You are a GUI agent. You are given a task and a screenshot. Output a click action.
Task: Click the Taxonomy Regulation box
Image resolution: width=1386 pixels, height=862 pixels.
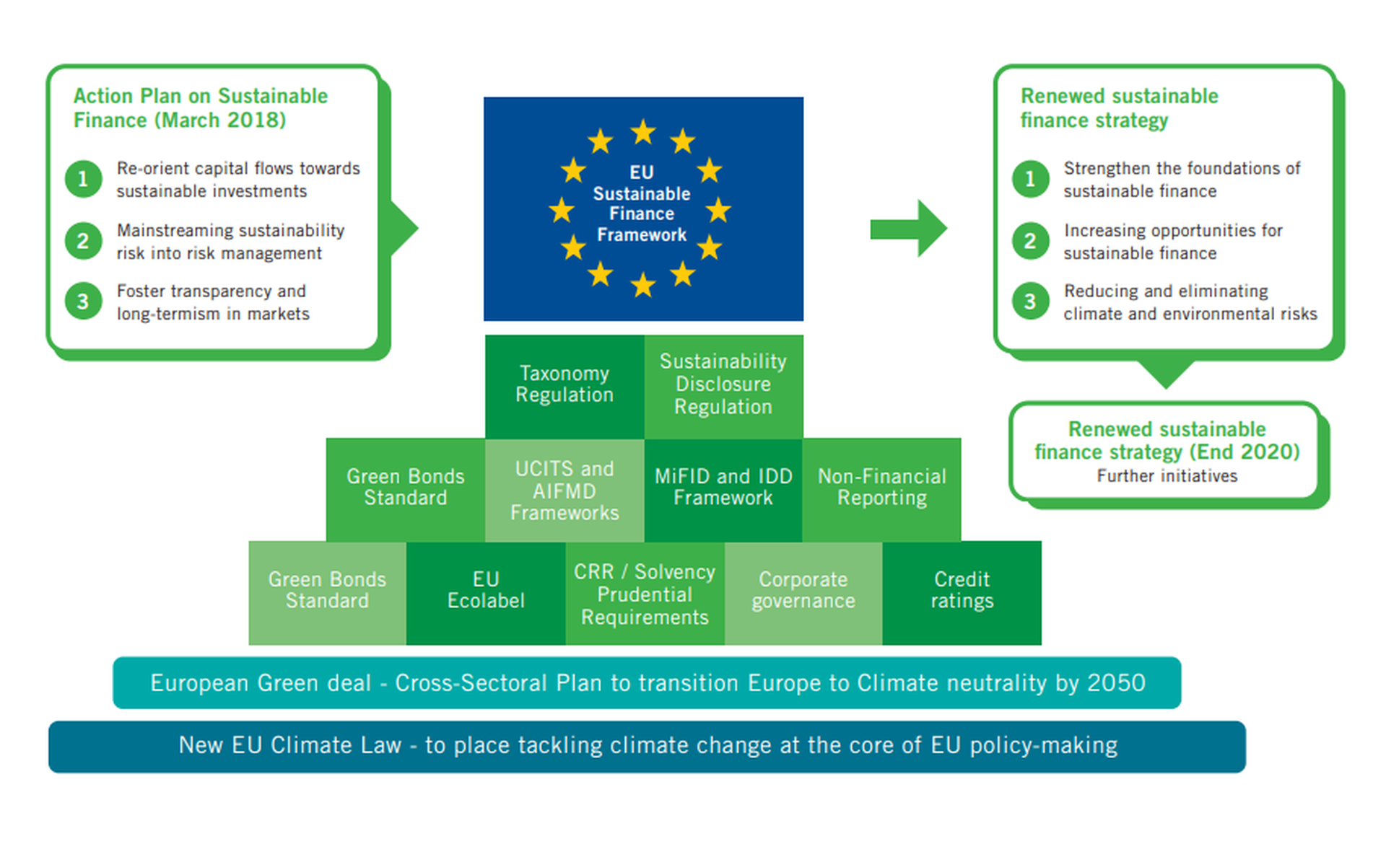pos(564,385)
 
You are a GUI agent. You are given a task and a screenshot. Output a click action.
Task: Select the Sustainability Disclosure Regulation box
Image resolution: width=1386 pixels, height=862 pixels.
pos(723,385)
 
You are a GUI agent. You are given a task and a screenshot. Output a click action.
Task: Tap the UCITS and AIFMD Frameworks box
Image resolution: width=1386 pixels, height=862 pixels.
pos(564,490)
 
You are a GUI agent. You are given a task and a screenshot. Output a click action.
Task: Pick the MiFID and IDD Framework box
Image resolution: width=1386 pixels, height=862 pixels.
pos(723,488)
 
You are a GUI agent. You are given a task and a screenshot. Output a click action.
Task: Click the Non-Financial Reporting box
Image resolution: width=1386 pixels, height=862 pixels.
pos(881,488)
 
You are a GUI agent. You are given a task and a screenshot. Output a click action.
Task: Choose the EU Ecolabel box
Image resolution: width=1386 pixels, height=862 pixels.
pos(486,591)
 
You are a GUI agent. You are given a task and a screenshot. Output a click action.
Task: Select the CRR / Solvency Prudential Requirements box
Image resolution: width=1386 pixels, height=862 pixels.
pos(645,593)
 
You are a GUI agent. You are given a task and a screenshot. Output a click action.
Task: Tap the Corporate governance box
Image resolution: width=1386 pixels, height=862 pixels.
pos(803,591)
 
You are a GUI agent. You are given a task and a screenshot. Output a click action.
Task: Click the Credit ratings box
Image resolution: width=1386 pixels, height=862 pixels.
pos(962,591)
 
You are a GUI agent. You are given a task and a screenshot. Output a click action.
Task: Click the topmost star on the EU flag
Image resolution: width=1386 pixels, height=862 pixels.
pos(642,133)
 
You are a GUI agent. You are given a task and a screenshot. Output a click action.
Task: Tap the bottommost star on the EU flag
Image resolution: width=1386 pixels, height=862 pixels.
pos(642,285)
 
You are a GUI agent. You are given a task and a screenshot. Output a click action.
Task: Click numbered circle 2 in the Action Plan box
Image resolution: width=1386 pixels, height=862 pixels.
pos(84,240)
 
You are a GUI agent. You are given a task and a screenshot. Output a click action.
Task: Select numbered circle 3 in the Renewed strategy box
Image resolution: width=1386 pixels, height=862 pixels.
pos(1030,302)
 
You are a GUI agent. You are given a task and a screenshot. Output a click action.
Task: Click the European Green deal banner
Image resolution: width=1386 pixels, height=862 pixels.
pos(647,682)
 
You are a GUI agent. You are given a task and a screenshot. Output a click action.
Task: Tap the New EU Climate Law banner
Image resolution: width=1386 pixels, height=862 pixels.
pos(647,746)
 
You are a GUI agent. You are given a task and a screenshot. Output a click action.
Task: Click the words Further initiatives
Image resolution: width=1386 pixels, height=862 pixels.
pos(1167,476)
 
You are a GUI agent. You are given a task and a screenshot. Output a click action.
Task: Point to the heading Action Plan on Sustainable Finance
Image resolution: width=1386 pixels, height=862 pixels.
pos(200,107)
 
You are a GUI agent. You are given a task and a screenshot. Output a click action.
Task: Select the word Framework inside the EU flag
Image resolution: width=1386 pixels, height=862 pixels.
pos(642,235)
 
